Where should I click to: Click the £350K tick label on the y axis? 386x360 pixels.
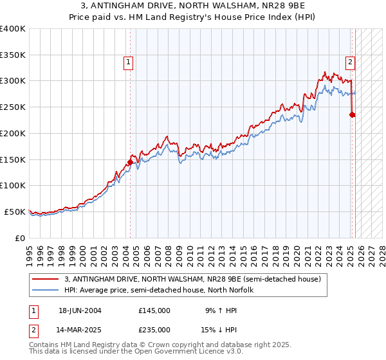tap(13, 55)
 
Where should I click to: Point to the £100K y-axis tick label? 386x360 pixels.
tap(13, 185)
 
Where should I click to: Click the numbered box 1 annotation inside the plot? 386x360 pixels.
tap(129, 62)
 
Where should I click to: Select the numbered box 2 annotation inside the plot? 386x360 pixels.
tap(350, 62)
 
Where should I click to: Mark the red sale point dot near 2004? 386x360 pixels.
tap(130, 162)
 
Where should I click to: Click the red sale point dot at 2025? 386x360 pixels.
tap(353, 115)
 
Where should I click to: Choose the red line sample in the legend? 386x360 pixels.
tap(46, 279)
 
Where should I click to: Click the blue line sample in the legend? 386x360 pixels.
tap(46, 290)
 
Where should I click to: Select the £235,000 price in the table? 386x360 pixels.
tap(154, 329)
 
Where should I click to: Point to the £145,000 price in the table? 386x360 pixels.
tap(154, 310)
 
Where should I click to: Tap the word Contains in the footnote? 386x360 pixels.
tap(45, 345)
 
